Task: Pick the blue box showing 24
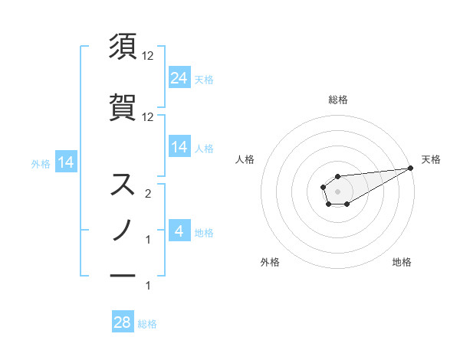[x=179, y=78]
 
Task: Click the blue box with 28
[x=123, y=322]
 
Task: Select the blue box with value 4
[x=179, y=231]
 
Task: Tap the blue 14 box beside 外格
[x=65, y=162]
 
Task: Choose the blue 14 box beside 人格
[x=179, y=148]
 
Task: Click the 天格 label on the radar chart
[x=431, y=159]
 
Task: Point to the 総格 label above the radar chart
[x=337, y=100]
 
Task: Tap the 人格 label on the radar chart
[x=245, y=159]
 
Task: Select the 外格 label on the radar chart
[x=270, y=262]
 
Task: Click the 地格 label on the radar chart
[x=402, y=262]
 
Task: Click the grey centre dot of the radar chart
[x=337, y=190]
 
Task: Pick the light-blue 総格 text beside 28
[x=147, y=324]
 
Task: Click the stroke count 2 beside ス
[x=149, y=195]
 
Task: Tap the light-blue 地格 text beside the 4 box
[x=204, y=232]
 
